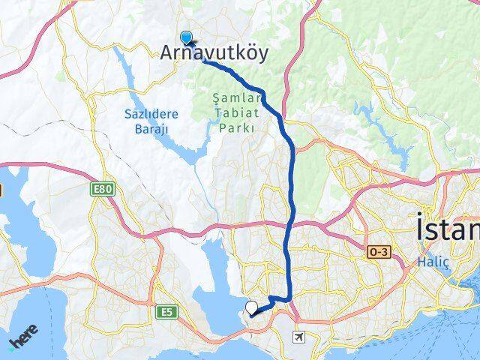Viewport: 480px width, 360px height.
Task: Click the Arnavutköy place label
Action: tap(214, 53)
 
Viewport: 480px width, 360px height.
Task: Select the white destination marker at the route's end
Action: tap(252, 307)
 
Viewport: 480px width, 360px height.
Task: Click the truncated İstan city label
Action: tap(447, 228)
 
